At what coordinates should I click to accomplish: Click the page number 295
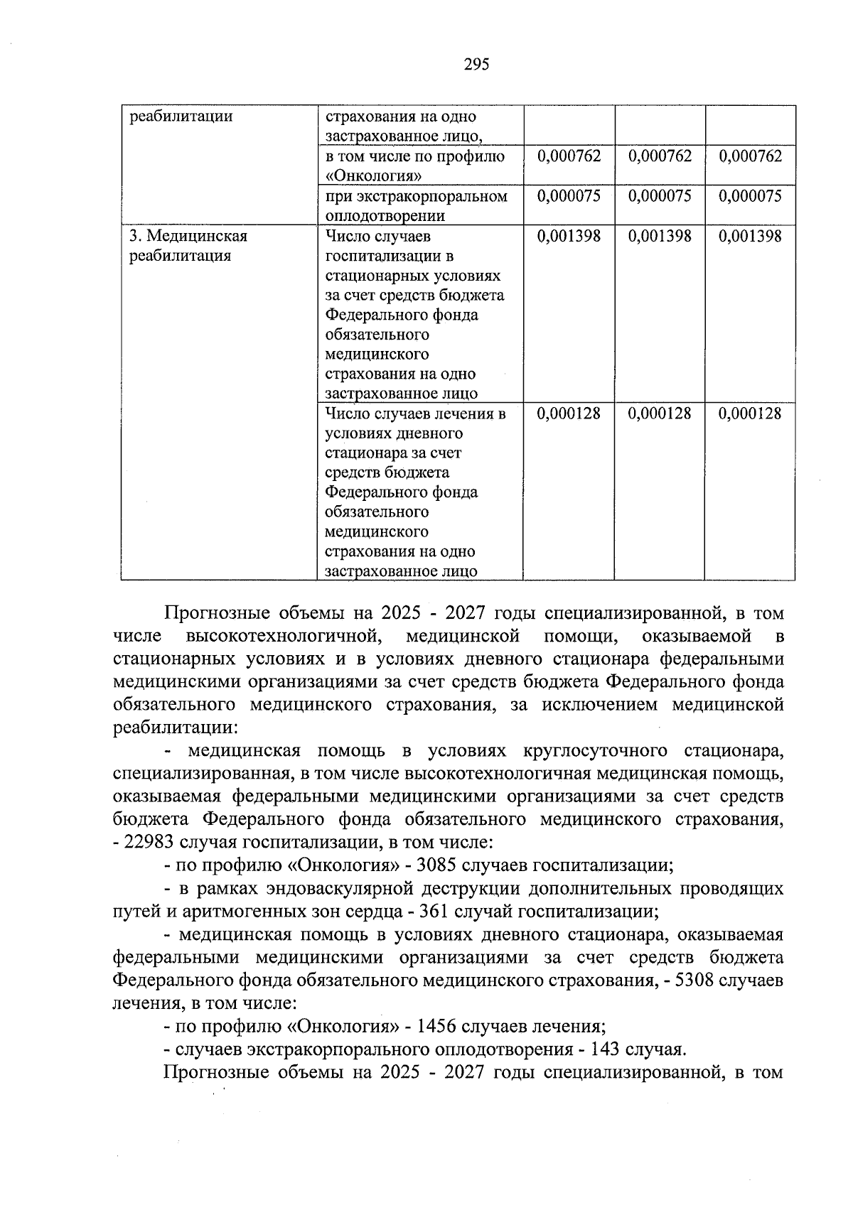476,65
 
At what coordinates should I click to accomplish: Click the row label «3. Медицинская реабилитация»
188,246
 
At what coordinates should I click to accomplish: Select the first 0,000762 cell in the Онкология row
569,156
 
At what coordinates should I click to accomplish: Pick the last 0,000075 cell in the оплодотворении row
750,196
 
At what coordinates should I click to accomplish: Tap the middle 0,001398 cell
660,236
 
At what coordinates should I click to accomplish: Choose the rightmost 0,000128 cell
750,413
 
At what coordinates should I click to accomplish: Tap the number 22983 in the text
154,843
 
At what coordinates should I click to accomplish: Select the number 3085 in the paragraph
439,865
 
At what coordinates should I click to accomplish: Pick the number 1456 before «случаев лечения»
438,1026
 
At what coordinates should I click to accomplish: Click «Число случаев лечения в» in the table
415,413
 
